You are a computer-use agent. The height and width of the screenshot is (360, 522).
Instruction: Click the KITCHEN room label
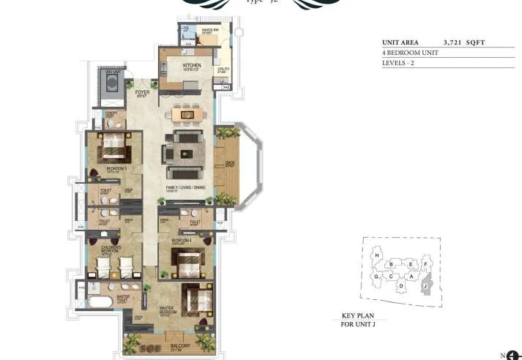click(x=192, y=66)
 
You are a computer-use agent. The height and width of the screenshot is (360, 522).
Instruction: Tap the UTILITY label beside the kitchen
click(x=223, y=70)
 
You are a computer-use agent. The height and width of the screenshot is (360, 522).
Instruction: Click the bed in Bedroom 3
click(x=114, y=151)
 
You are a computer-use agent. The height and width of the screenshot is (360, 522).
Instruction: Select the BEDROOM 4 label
click(x=182, y=240)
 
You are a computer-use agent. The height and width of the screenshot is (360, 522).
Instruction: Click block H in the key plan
click(x=377, y=255)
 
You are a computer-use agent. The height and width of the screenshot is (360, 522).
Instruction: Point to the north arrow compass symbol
click(x=512, y=354)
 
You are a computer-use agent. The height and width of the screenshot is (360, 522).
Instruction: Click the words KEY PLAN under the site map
click(x=358, y=315)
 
